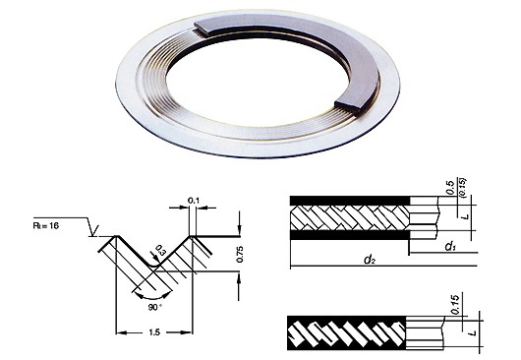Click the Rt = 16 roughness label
(x=46, y=225)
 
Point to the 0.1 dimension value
(x=193, y=201)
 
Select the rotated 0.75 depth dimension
(x=240, y=254)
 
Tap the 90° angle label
(x=155, y=308)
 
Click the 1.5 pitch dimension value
(x=155, y=331)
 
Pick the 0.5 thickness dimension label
(x=450, y=188)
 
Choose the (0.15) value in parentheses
(x=463, y=188)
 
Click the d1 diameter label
(x=450, y=246)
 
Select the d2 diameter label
(x=370, y=260)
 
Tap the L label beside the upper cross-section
(x=466, y=216)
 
